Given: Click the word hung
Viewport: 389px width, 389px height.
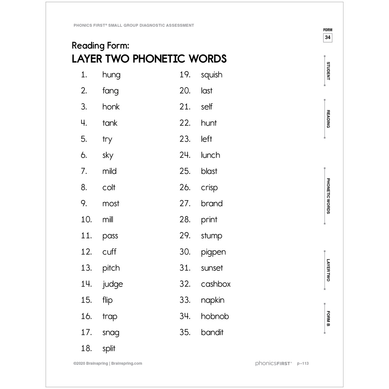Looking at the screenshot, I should (111, 75).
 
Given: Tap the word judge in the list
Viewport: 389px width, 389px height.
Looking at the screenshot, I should (113, 284).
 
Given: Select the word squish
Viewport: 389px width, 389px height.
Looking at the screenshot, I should (212, 75).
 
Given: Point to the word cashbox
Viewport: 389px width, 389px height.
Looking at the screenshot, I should (215, 284).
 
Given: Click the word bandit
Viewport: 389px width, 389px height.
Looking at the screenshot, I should (212, 332).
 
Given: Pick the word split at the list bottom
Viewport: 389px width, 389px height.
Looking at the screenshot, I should (109, 349).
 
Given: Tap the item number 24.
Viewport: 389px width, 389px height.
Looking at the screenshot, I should (185, 155).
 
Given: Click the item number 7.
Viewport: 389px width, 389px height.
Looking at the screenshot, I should (84, 171).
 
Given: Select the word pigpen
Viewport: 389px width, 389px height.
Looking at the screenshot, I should (213, 252).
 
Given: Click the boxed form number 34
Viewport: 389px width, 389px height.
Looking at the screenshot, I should (328, 38).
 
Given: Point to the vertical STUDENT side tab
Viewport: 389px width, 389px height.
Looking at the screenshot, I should (328, 71).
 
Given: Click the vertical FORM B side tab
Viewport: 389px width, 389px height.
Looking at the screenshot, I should (328, 318).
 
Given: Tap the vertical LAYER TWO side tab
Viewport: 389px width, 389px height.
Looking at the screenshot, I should (328, 270).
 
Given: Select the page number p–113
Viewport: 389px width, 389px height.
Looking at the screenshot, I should (303, 363).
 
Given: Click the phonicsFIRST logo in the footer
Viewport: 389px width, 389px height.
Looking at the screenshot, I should (273, 363).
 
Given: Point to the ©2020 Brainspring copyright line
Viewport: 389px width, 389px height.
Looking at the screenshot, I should (108, 363).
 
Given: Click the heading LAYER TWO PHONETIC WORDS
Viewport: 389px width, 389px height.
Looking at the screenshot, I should (149, 59).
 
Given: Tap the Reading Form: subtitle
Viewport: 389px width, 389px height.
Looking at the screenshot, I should (100, 46).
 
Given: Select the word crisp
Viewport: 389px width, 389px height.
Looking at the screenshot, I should (209, 188).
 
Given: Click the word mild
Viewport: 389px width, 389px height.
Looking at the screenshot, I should (109, 171).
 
